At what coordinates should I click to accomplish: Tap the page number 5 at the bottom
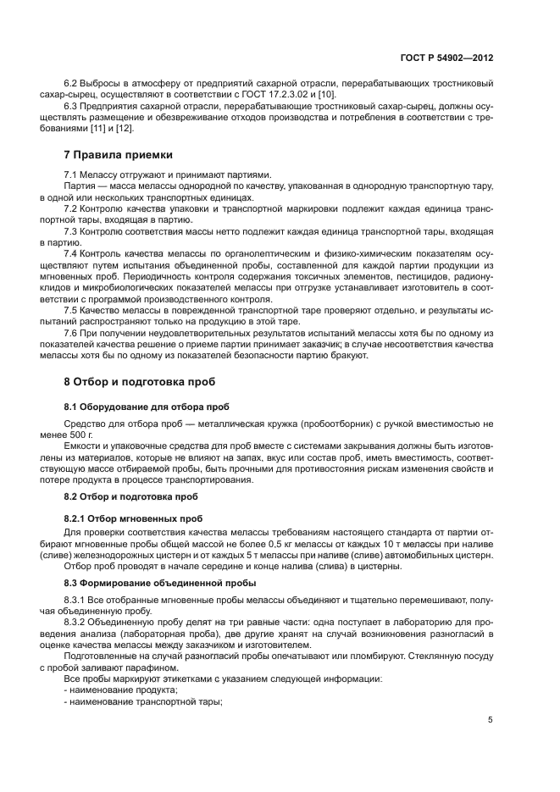click(x=491, y=720)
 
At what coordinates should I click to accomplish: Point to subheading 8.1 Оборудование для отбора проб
click(x=147, y=407)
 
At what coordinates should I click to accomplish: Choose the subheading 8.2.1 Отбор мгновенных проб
click(x=132, y=518)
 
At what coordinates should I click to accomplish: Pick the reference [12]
click(x=125, y=129)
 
